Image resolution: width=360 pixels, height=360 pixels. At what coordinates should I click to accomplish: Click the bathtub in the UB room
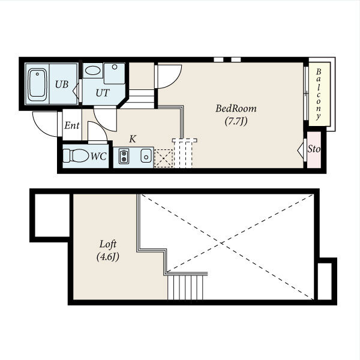[x=37, y=84]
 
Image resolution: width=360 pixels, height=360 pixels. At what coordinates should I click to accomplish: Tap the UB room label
[x=62, y=85]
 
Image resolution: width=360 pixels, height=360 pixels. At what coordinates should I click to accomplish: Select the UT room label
[x=103, y=93]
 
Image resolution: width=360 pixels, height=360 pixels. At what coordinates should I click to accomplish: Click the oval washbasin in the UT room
[x=92, y=70]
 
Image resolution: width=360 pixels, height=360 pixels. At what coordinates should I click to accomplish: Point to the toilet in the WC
[x=76, y=155]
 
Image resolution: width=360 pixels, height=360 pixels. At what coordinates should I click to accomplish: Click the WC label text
[x=98, y=157]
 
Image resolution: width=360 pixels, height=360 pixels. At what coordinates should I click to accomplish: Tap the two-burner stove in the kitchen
[x=124, y=156]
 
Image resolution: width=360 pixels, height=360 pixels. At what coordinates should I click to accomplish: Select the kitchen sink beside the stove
[x=146, y=156]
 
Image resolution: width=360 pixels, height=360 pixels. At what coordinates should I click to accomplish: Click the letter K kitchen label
[x=133, y=139]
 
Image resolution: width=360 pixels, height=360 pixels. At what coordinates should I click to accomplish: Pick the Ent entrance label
[x=72, y=125]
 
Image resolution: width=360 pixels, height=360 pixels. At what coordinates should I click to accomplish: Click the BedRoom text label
[x=236, y=109]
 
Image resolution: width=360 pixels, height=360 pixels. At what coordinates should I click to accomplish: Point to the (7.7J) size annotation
[x=236, y=121]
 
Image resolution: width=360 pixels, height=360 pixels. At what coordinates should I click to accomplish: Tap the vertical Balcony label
[x=318, y=94]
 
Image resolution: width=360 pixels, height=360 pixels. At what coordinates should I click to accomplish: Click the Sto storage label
[x=314, y=149]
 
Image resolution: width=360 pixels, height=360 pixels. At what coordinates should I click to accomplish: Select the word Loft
[x=108, y=244]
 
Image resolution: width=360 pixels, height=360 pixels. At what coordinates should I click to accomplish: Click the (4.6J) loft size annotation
[x=108, y=257]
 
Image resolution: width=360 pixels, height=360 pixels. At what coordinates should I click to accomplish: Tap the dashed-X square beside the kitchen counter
[x=163, y=158]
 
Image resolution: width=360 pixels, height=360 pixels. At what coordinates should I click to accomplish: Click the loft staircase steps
[x=185, y=287]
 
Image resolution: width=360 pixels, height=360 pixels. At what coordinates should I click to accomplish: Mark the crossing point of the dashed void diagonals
[x=221, y=242]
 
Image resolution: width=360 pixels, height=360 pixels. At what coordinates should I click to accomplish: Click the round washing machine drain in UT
[x=115, y=67]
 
